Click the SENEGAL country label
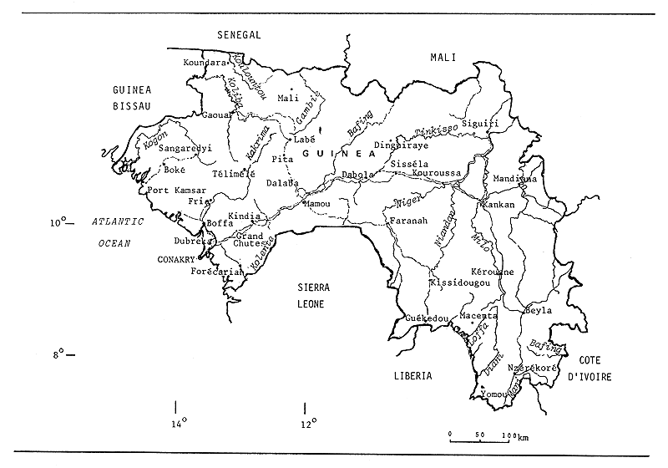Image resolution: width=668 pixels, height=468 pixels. click(239, 34)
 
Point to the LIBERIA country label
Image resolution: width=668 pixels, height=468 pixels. click(413, 376)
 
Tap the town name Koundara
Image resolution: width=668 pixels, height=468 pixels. click(205, 62)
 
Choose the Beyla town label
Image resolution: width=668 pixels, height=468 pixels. click(539, 310)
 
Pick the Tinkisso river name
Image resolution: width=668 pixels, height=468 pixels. click(434, 132)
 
